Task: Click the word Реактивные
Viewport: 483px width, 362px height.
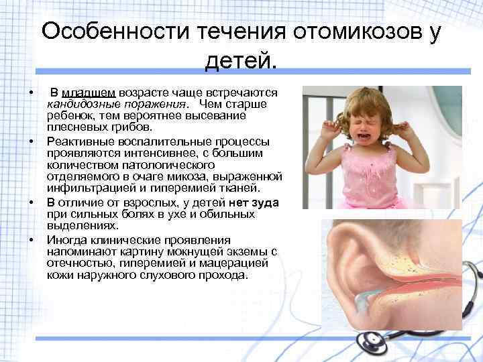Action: click(78, 142)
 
